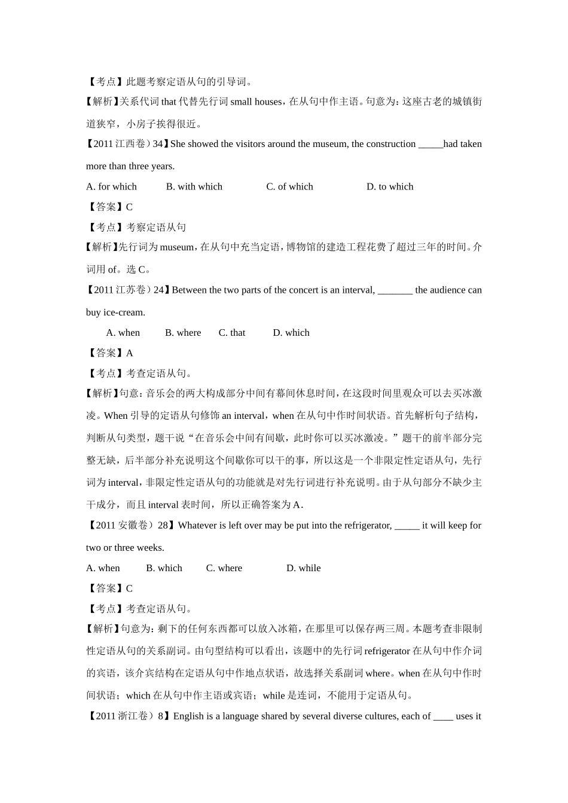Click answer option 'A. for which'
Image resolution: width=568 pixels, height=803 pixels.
pos(111,186)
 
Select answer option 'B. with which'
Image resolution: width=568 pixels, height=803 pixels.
pos(194,186)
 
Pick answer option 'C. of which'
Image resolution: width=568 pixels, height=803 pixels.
pos(289,186)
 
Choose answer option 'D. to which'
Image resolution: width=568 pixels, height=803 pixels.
pos(390,186)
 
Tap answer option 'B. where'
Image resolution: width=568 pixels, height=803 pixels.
pos(183,333)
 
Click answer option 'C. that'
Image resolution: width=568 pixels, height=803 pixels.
pos(232,333)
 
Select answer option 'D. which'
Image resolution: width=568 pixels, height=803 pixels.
pos(291,333)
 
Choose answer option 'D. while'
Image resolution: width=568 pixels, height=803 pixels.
pos(303,568)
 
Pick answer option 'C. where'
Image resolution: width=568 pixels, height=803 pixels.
pos(224,568)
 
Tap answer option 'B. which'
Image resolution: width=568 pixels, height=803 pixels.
pos(164,568)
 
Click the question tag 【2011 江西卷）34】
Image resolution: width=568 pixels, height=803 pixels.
pos(127,144)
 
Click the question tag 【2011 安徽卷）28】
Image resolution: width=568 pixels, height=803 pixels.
pos(131,526)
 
